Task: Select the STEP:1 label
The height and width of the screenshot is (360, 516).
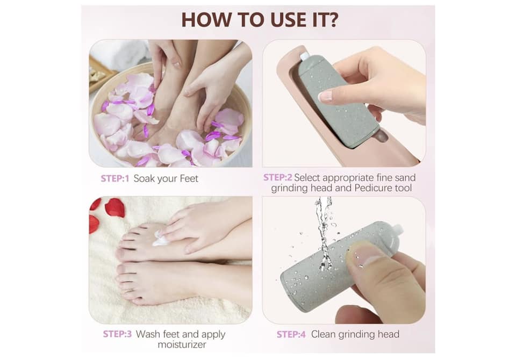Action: [x=115, y=179]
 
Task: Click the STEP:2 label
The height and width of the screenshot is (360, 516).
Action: [x=277, y=178]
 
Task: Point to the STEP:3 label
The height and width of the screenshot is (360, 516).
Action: [x=117, y=334]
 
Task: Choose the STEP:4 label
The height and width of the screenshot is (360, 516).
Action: [x=291, y=334]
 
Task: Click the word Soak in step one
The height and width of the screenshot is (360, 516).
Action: [x=144, y=179]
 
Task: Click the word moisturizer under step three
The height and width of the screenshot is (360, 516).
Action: [x=182, y=344]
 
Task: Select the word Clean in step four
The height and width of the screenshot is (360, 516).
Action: [x=323, y=334]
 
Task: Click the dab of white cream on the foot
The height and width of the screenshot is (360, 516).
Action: [x=161, y=239]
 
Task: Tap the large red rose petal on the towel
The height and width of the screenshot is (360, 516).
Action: [x=115, y=207]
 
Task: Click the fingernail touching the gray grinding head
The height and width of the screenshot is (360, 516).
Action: [x=325, y=96]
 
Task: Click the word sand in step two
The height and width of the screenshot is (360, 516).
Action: [x=405, y=178]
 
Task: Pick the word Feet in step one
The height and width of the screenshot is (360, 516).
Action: [x=189, y=179]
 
